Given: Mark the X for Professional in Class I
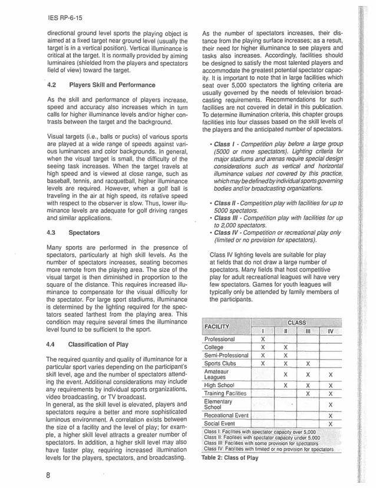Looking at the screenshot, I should point(263,340).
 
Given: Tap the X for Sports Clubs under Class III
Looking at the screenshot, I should point(308,363).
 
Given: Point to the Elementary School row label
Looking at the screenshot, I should point(218,404).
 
